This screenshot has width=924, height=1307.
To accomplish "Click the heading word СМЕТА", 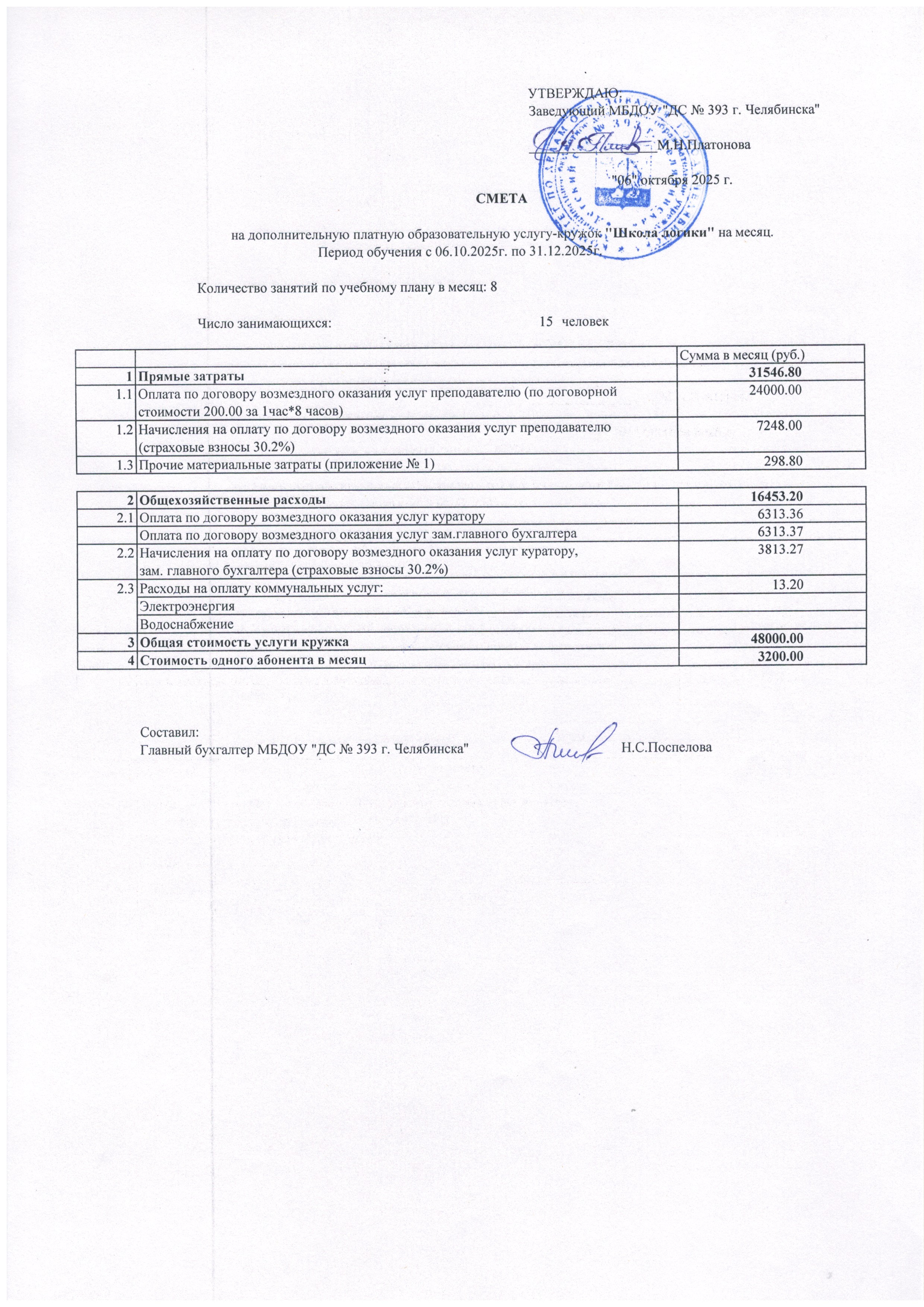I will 501,199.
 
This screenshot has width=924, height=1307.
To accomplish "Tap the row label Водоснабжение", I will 187,624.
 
